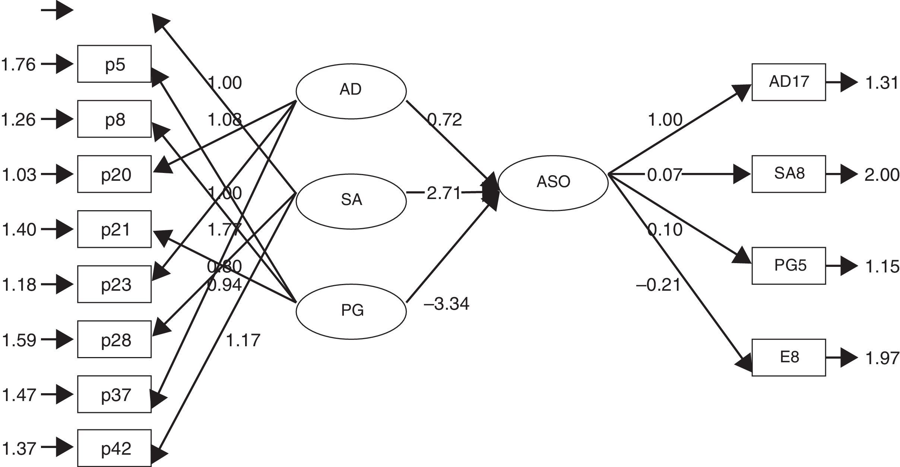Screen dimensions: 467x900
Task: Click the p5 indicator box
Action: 114,64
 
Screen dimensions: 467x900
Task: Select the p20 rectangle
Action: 114,174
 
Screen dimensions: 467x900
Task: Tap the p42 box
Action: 114,448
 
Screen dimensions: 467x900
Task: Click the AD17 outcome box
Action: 789,82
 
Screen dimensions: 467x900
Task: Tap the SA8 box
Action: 789,174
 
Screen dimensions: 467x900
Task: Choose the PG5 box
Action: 789,266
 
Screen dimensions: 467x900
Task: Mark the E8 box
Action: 789,357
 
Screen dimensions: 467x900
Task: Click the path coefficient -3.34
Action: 446,305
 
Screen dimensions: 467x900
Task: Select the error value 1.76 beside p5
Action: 19,64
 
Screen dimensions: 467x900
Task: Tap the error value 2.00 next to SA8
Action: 881,174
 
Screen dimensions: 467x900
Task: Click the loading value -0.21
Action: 659,285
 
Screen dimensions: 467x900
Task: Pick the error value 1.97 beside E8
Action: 881,358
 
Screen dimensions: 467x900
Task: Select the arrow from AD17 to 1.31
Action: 842,82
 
